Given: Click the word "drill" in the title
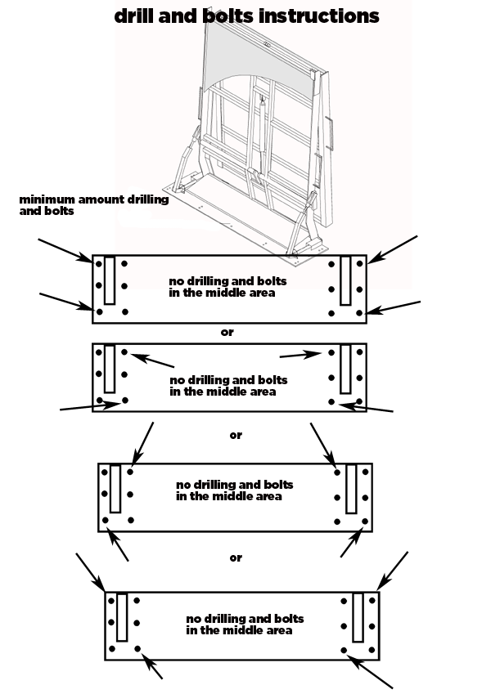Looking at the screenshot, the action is [x=134, y=16].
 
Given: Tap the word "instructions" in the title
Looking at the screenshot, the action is [x=318, y=16].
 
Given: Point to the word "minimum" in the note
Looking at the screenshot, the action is [x=47, y=199].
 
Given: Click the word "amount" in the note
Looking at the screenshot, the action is [x=101, y=199].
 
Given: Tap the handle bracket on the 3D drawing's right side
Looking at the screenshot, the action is [x=329, y=132].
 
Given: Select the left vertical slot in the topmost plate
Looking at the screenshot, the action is [x=110, y=280].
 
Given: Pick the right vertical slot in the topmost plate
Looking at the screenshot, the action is [x=345, y=280].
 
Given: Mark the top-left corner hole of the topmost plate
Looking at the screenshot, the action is [x=99, y=264].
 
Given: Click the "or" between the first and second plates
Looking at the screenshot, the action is [x=227, y=332].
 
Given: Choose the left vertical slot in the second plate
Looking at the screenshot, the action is [x=110, y=369].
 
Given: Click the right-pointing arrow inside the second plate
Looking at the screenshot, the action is [x=300, y=355].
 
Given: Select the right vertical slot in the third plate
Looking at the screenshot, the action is [x=351, y=489].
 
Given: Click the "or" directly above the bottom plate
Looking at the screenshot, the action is [x=236, y=557].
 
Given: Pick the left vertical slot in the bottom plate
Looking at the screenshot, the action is [x=122, y=617].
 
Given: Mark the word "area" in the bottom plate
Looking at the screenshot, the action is [x=279, y=631].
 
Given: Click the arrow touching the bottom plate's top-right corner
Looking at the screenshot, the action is [x=393, y=571].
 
